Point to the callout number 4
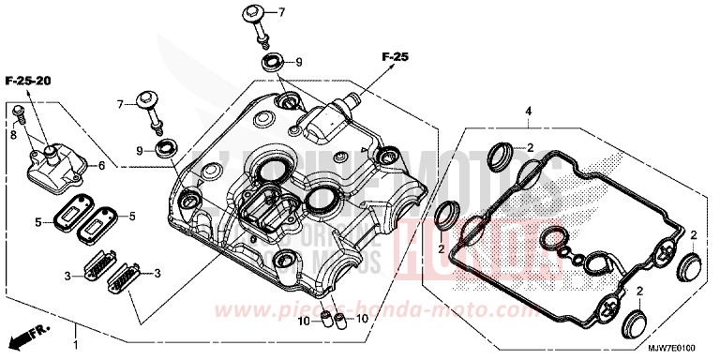(528, 112)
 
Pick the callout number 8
(13, 135)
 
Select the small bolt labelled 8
(19, 115)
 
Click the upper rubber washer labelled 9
(272, 64)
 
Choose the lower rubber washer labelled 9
(167, 148)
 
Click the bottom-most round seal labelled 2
(636, 325)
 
